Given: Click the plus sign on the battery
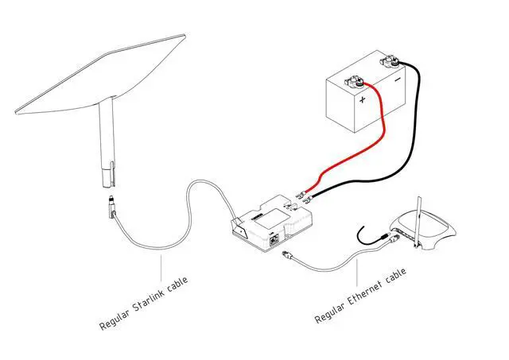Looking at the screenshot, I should [363, 100].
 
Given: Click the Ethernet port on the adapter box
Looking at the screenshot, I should [275, 238].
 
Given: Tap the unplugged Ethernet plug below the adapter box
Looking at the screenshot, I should [288, 256].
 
